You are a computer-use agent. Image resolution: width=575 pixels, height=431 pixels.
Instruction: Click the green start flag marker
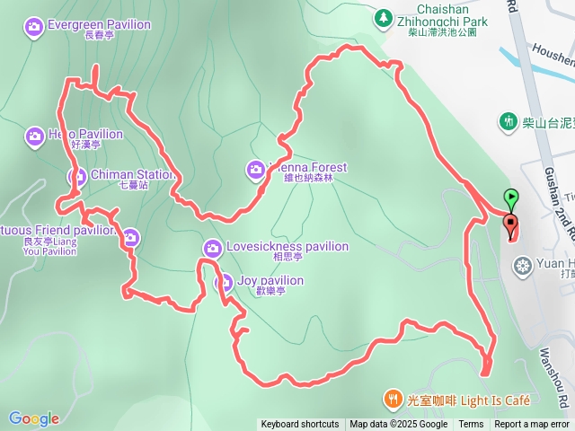point(511,197)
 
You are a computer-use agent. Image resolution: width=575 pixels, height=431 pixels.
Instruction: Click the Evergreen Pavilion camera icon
point(34,25)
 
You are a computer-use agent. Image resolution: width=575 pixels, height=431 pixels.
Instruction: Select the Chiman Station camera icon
point(76,175)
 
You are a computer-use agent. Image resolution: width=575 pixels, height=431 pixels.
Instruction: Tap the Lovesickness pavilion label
point(287,246)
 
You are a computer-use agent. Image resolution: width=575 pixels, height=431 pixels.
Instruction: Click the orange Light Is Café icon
point(392,398)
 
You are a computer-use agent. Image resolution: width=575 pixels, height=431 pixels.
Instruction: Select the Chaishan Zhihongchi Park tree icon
point(384,17)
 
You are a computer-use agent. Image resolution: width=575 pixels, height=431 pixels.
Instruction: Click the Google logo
point(34,418)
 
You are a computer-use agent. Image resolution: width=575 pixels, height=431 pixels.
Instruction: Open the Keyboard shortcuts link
point(300,425)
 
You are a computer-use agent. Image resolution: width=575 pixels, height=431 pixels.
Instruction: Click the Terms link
point(471,425)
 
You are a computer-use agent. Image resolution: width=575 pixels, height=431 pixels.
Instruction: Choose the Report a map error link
point(532,425)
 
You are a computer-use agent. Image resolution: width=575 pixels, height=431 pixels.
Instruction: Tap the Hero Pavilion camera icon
point(34,136)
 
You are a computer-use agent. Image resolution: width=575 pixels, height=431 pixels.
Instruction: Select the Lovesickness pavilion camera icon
point(213,247)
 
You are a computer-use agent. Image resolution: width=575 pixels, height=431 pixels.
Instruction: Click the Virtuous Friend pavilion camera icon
point(131,237)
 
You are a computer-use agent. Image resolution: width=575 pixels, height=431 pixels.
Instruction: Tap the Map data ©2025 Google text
point(398,425)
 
